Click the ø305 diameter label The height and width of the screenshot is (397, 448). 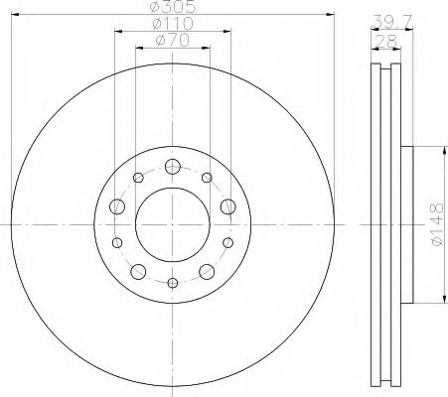coord(173,7)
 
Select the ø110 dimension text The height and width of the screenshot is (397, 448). coord(173,23)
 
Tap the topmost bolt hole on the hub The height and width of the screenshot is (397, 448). coord(173,166)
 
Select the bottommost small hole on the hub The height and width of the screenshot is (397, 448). coord(173,285)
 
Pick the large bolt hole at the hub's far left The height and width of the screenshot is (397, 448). coord(116,206)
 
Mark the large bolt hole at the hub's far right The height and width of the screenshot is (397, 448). coord(229,206)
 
